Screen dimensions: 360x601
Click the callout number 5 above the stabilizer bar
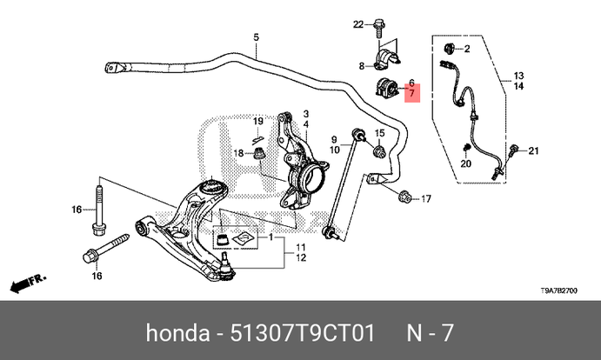257,37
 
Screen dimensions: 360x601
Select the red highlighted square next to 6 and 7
411,91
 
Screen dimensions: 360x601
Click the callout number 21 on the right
534,151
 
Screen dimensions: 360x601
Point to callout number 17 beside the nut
426,199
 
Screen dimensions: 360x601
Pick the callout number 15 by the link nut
379,132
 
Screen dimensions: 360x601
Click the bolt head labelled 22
379,24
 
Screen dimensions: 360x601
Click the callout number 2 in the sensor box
466,48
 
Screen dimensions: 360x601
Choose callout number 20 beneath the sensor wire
466,164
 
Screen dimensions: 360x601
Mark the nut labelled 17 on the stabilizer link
405,199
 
